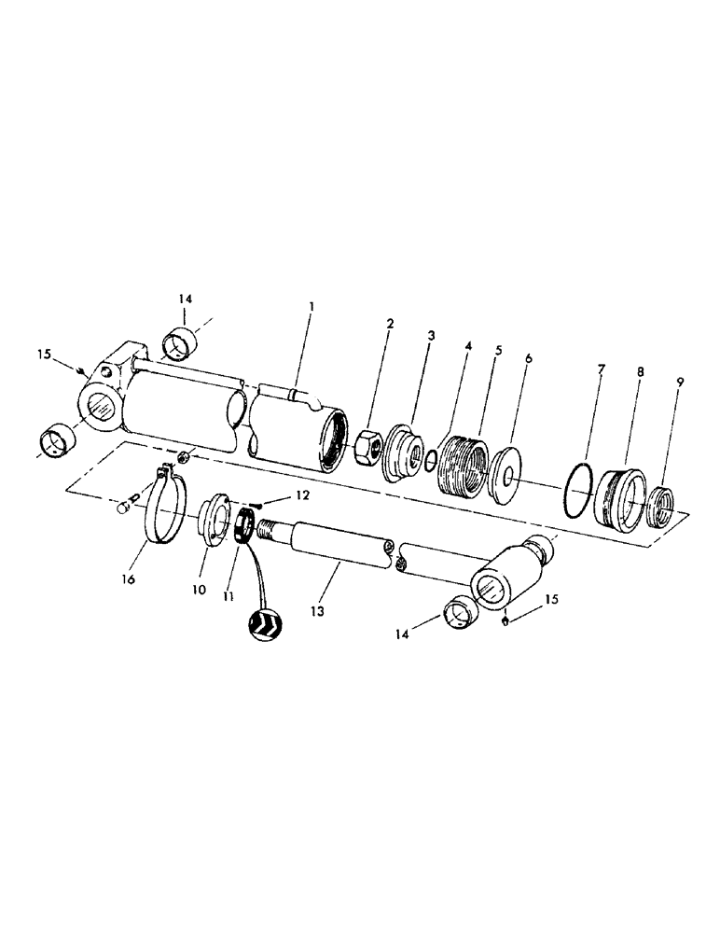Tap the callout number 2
(x=390, y=324)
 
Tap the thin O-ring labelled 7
(x=577, y=492)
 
